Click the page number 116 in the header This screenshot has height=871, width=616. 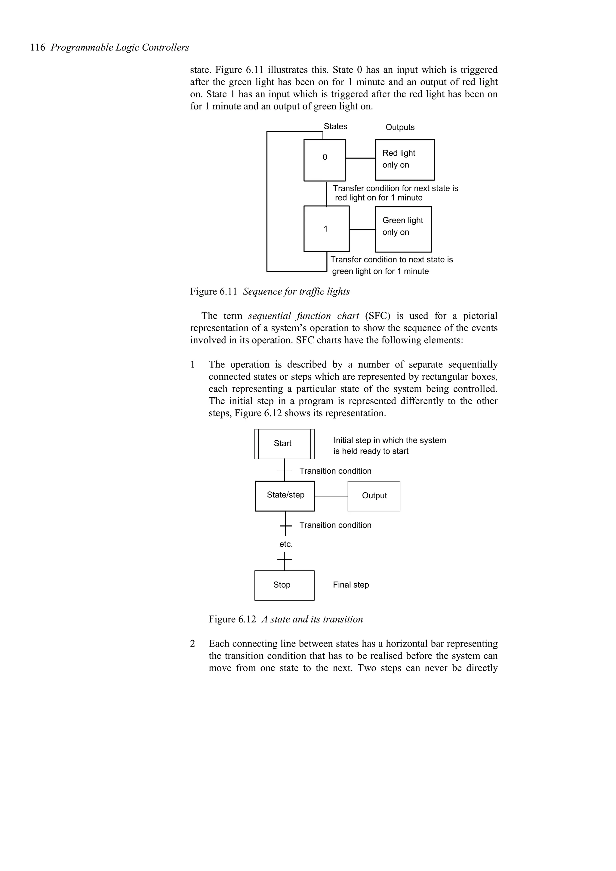click(x=38, y=48)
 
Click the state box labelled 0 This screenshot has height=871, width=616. click(x=325, y=160)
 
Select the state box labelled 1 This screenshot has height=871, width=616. click(x=326, y=229)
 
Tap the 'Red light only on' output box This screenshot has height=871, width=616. click(x=405, y=160)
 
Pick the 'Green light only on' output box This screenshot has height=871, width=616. click(x=403, y=229)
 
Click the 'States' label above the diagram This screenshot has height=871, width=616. click(x=335, y=126)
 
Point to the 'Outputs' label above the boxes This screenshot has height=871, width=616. click(x=400, y=127)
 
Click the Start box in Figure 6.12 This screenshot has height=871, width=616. click(x=284, y=444)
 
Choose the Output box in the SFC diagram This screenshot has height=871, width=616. click(x=374, y=496)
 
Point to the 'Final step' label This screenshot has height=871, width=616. click(x=351, y=585)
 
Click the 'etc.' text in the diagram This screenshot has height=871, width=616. click(x=286, y=544)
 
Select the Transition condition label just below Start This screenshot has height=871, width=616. click(x=335, y=471)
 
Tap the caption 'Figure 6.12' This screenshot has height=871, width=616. click(x=232, y=619)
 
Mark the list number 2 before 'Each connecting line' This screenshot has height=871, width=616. click(x=193, y=643)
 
